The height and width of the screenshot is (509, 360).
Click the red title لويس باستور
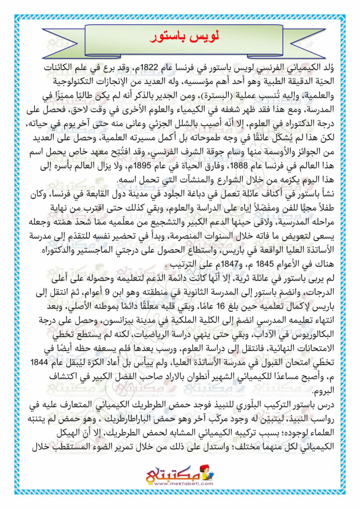click(x=180, y=38)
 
